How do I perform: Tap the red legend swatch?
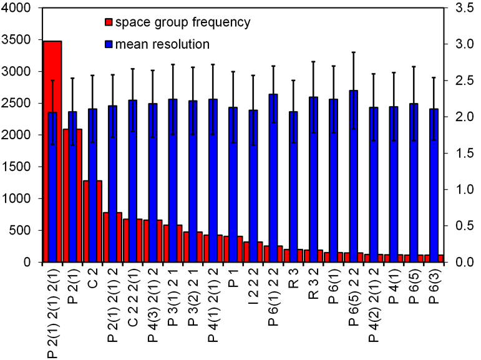coord(109,24)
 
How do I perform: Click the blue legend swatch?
coord(109,44)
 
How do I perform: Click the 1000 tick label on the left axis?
coord(25,199)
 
